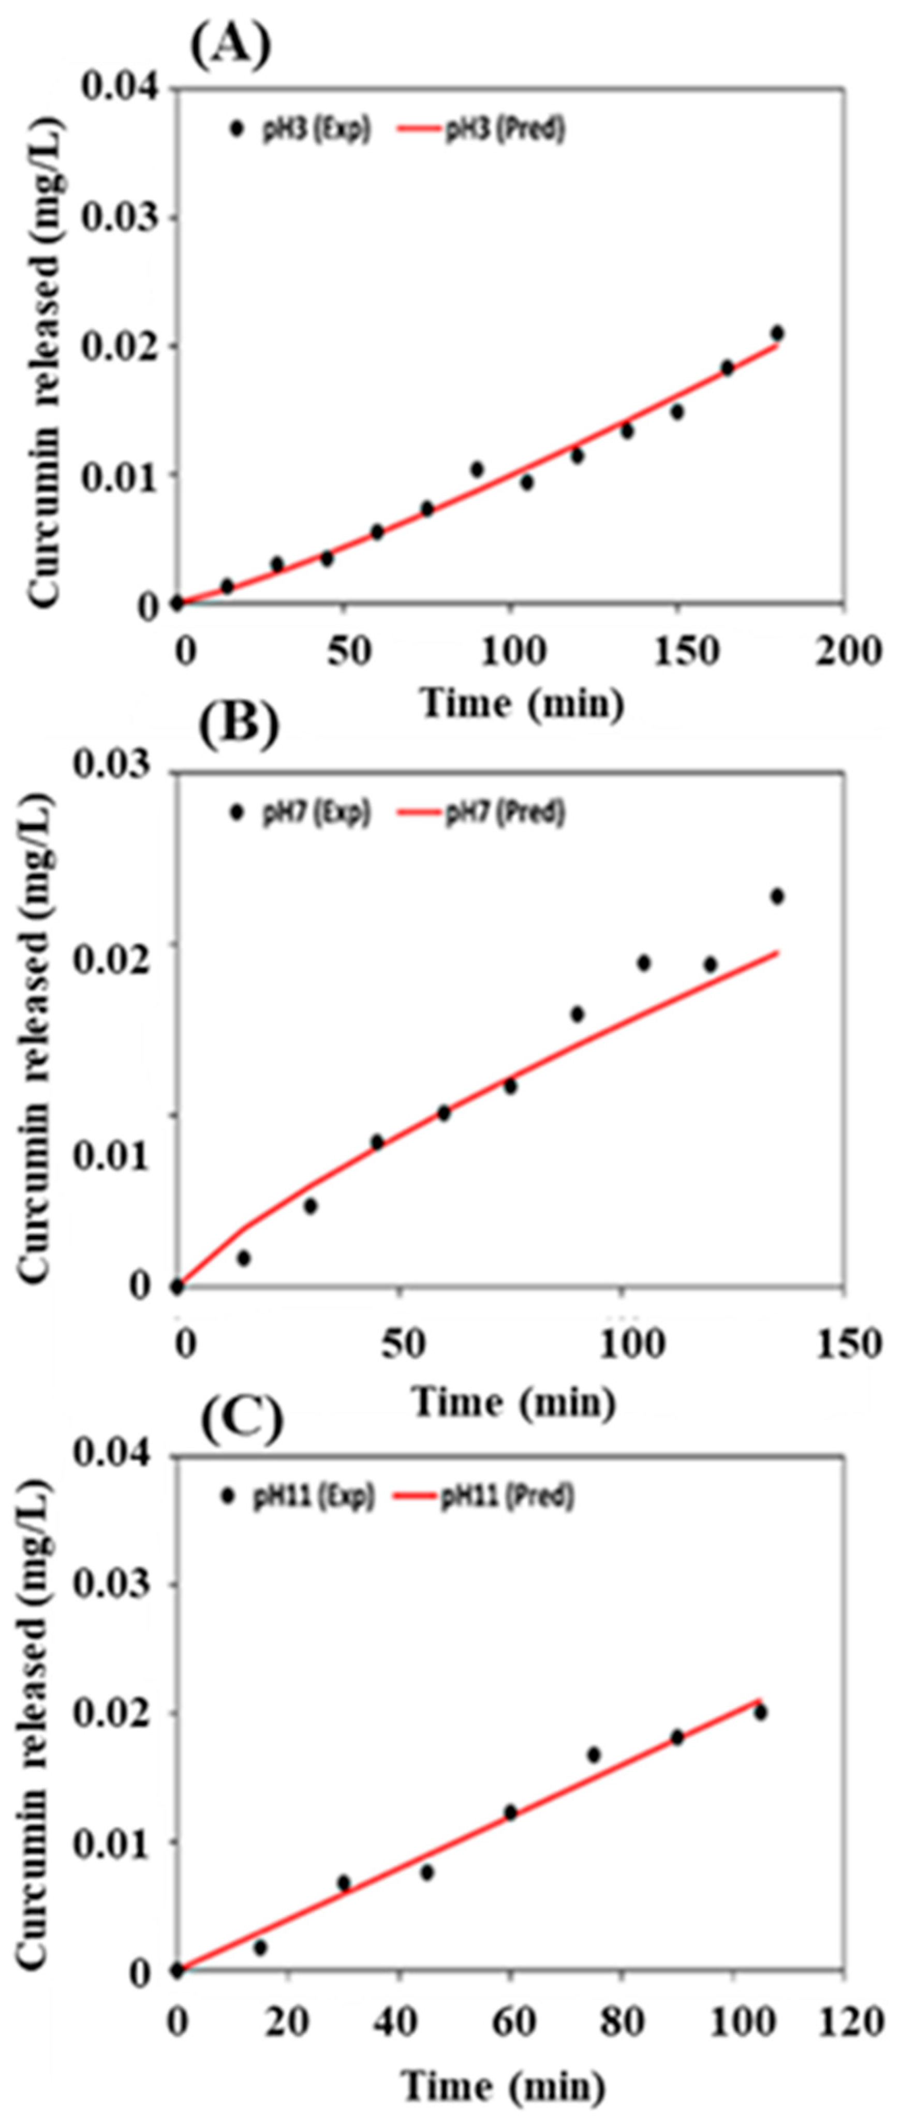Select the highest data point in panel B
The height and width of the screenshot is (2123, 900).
pos(776,896)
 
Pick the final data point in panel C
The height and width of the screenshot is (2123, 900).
pos(760,1713)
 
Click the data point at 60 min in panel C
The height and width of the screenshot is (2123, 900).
pos(510,1812)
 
